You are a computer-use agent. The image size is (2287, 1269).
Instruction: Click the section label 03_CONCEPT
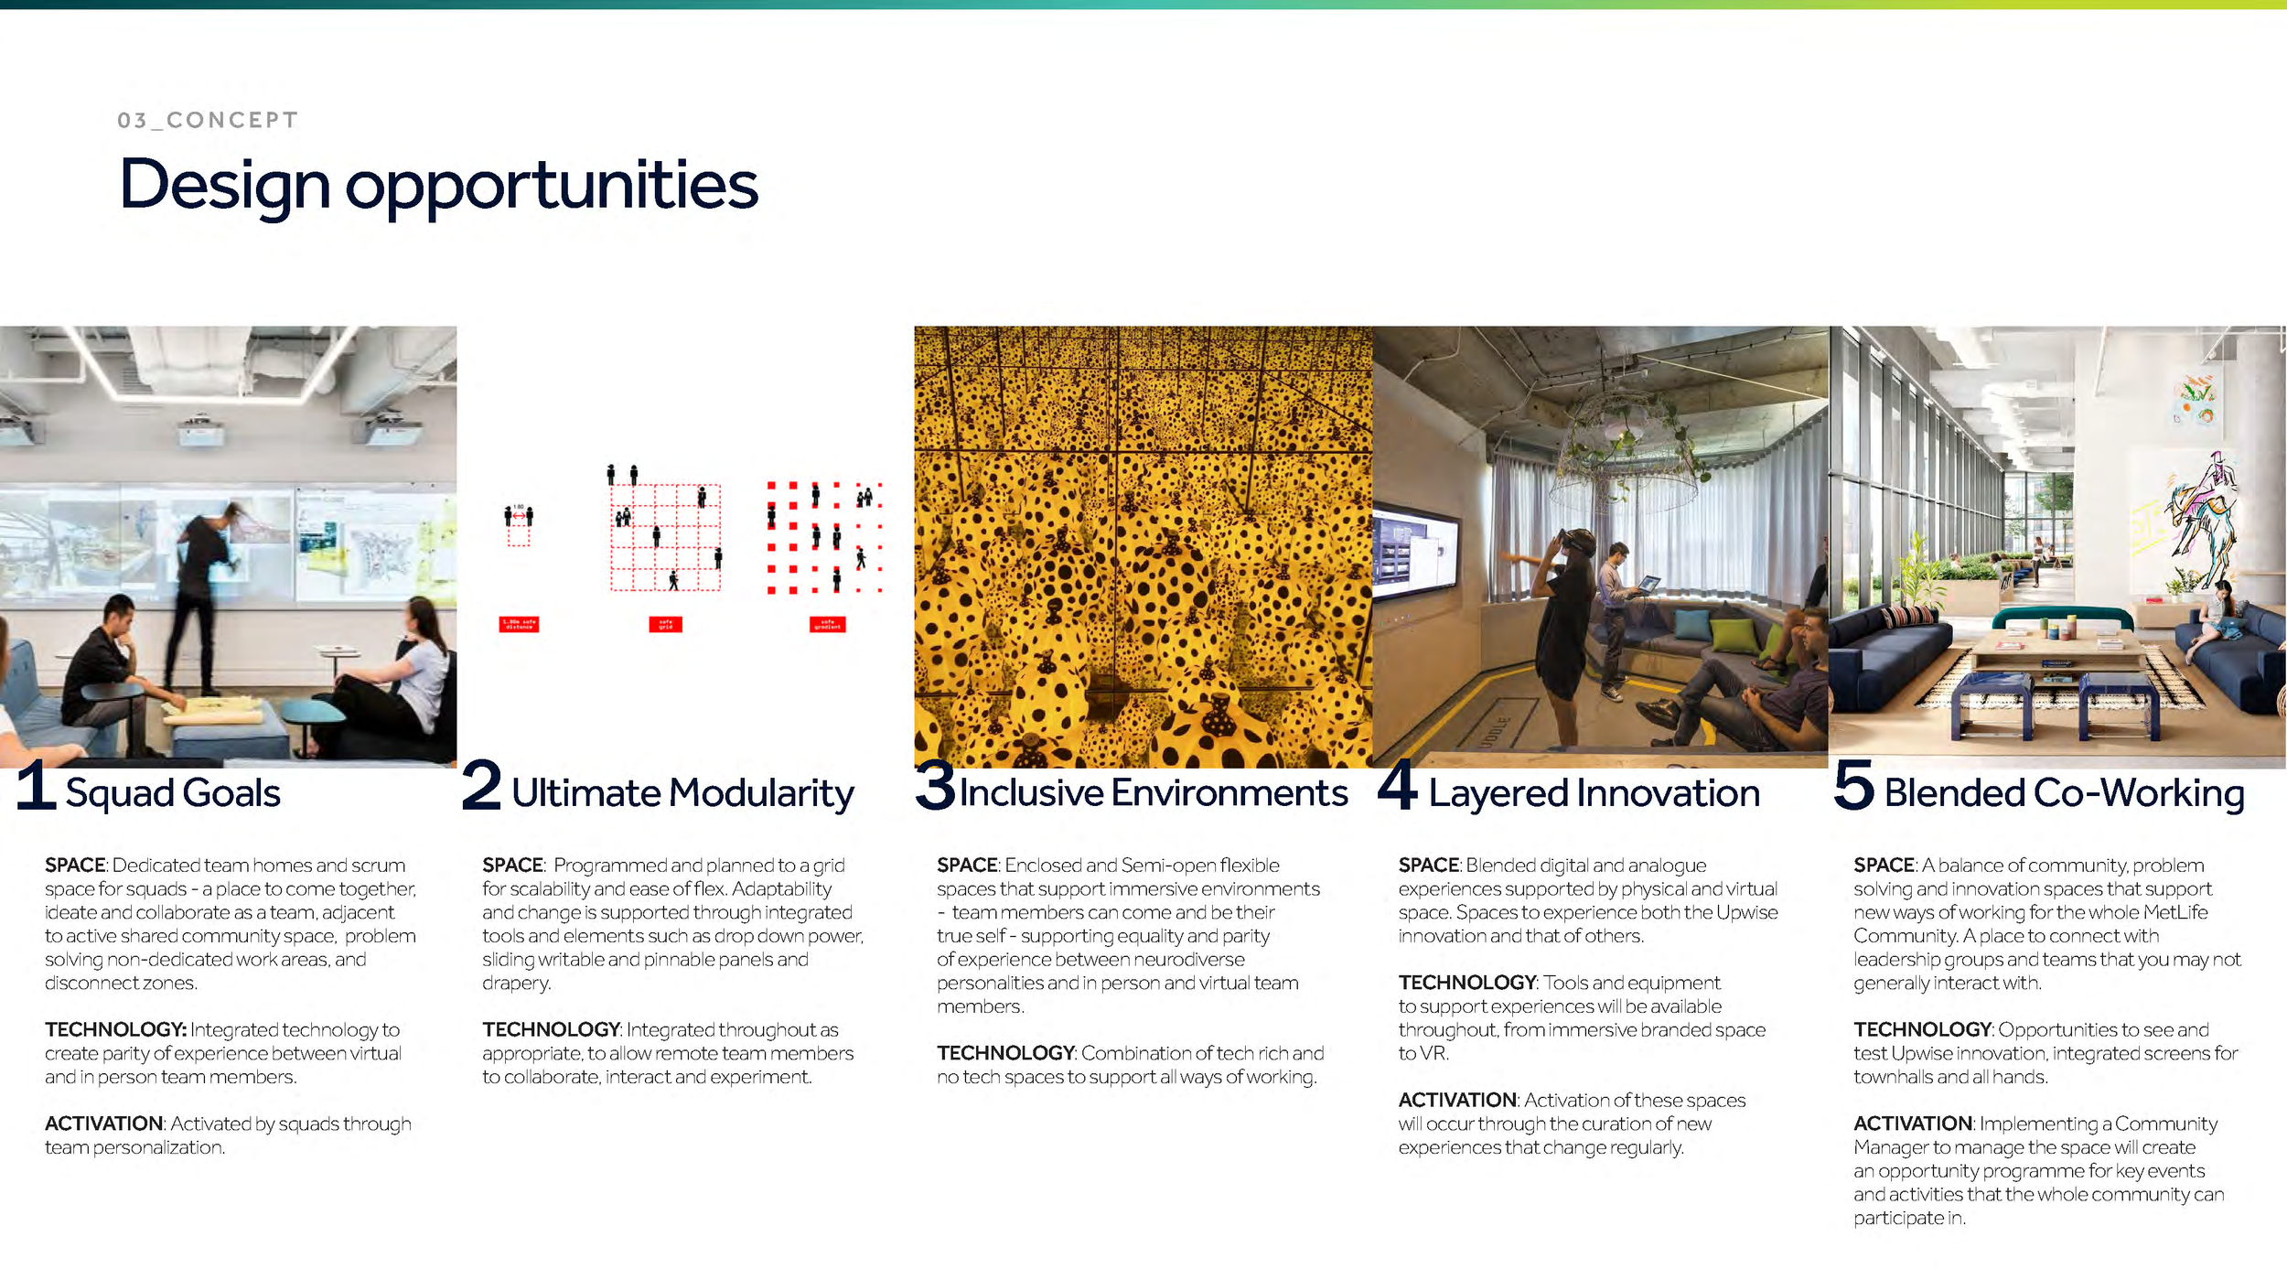pos(208,120)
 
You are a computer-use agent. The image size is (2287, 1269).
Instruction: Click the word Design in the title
pos(224,185)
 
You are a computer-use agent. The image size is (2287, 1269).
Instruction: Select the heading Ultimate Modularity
pos(682,793)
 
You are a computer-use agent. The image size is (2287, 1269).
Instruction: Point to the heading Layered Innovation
pos(1594,793)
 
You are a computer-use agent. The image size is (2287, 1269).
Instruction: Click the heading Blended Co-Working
pos(2064,793)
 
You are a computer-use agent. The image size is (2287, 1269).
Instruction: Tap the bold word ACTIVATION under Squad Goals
pos(103,1124)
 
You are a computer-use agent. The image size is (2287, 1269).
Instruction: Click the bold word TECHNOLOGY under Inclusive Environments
pos(1004,1053)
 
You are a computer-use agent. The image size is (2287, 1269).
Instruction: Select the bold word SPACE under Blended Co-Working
pos(1884,865)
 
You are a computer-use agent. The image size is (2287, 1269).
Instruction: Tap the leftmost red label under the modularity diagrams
pos(519,624)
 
